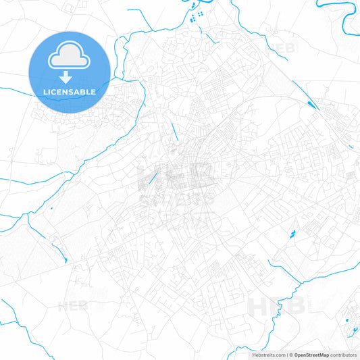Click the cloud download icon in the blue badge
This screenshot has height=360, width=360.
click(69, 60)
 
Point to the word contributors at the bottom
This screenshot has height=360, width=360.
click(343, 355)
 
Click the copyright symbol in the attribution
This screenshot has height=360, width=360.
click(290, 355)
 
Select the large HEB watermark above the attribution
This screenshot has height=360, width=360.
click(277, 306)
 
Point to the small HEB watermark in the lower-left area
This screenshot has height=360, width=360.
click(72, 306)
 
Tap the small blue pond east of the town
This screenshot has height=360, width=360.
click(292, 234)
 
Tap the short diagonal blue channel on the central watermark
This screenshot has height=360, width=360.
click(153, 178)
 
